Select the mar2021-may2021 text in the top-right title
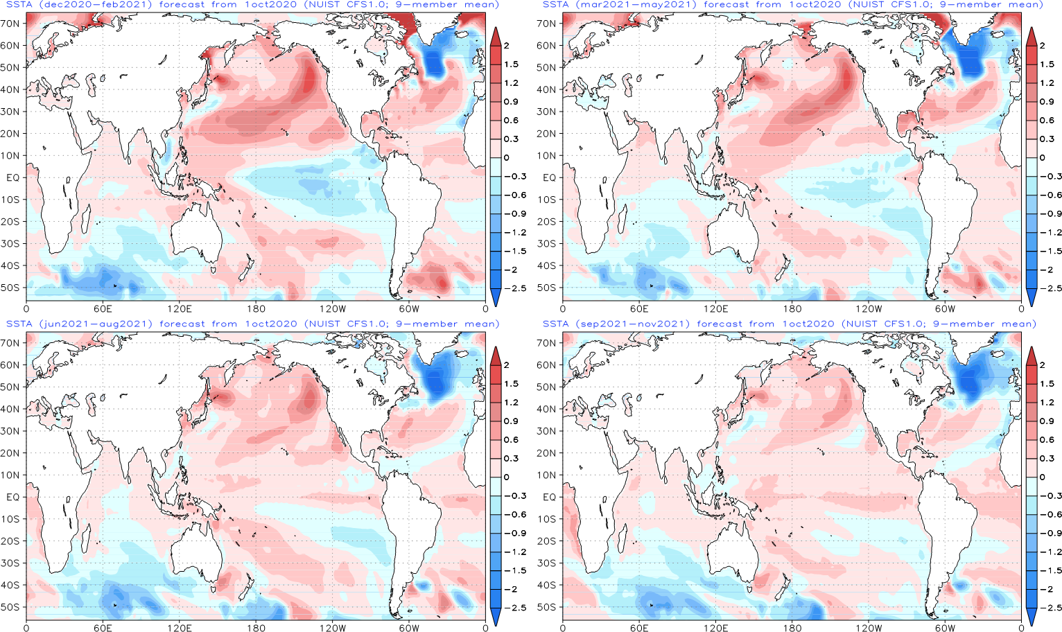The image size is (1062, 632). click(x=632, y=5)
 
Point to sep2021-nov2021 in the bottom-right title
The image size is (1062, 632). click(x=632, y=324)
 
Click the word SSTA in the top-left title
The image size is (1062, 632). click(x=19, y=5)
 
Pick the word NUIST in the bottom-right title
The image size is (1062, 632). click(x=860, y=324)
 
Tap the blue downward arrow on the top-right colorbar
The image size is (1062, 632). click(x=1031, y=297)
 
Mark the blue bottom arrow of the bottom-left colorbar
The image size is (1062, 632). click(x=496, y=616)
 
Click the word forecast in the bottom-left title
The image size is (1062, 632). click(x=182, y=324)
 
